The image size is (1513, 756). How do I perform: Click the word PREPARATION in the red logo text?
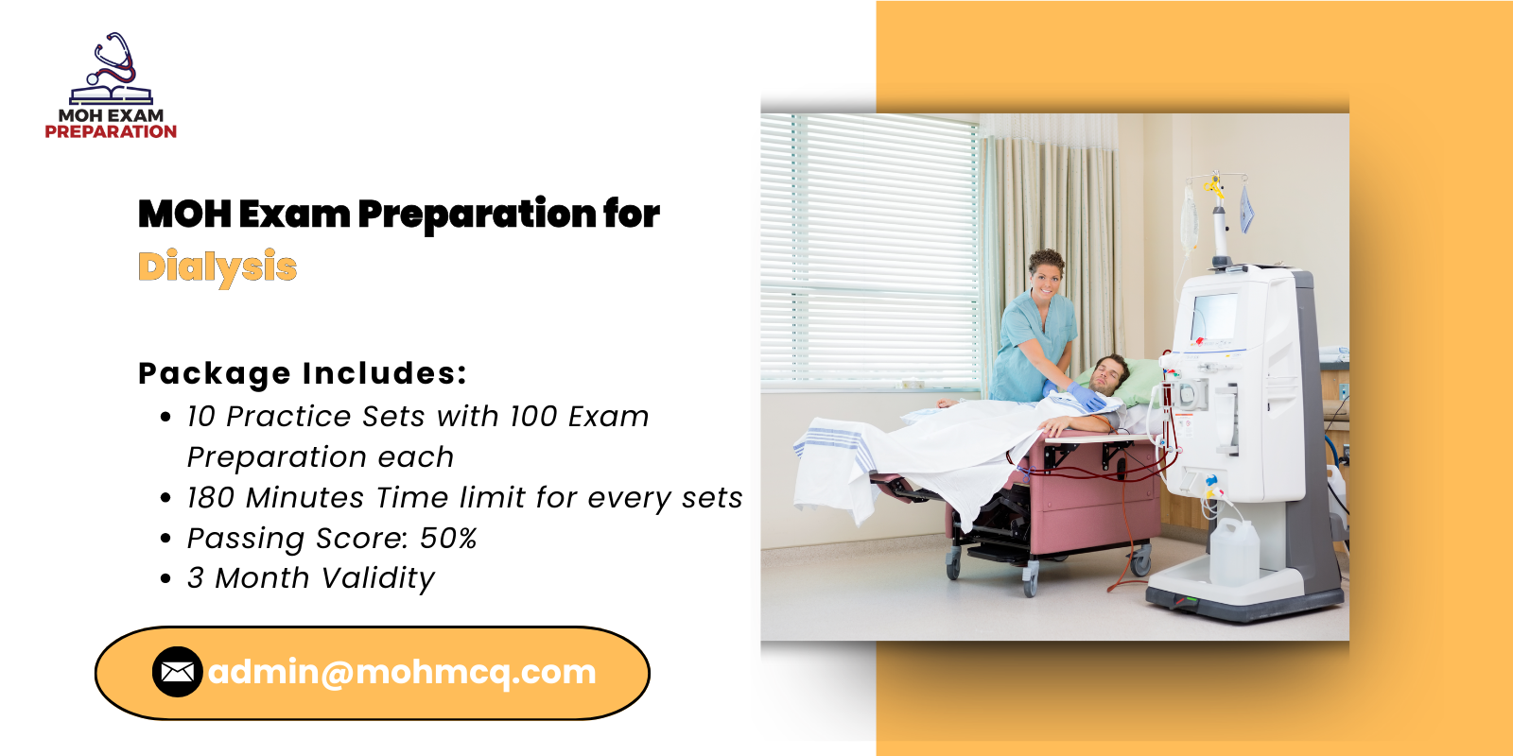(111, 131)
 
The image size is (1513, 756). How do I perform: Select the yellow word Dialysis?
(217, 267)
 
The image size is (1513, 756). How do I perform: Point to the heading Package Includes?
(303, 373)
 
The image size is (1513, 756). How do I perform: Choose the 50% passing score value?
(448, 539)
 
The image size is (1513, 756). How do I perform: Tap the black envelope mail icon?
(177, 672)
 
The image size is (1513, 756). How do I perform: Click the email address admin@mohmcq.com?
(402, 672)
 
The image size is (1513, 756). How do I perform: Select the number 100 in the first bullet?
(533, 417)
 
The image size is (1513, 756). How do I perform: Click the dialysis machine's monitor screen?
(1214, 316)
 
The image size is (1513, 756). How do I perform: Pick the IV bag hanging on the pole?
(1189, 219)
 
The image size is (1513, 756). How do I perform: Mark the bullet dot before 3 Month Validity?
(165, 578)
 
